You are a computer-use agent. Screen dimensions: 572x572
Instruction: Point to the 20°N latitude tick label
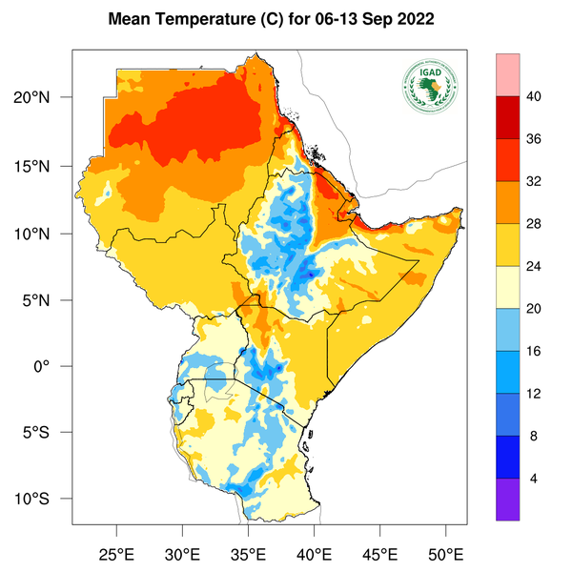pyautogui.click(x=45, y=98)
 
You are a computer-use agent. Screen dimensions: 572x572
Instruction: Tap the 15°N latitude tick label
pyautogui.click(x=45, y=166)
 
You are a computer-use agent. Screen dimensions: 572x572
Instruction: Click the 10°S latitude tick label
pyautogui.click(x=45, y=500)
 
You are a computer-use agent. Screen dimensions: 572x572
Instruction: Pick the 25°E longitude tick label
pyautogui.click(x=117, y=554)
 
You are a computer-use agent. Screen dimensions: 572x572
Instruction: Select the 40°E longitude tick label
pyautogui.click(x=315, y=554)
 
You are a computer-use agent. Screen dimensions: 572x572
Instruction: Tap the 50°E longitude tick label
pyautogui.click(x=446, y=554)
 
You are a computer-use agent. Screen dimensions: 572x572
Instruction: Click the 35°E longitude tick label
pyautogui.click(x=249, y=554)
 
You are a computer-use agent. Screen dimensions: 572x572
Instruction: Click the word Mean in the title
pyautogui.click(x=130, y=19)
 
